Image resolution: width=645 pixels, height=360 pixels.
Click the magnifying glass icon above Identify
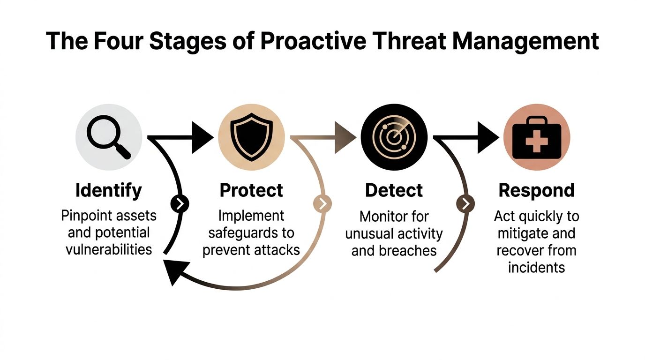tap(109, 137)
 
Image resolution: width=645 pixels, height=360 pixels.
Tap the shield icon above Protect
tap(251, 137)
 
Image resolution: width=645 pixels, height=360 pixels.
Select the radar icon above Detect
tap(394, 137)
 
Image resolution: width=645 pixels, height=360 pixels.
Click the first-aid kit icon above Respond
tap(536, 137)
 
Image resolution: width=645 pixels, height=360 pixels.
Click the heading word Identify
tap(108, 190)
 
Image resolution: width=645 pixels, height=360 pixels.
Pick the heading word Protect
tap(251, 190)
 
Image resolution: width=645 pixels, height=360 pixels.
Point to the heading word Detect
tap(394, 190)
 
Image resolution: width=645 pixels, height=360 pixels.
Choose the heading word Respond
tap(536, 190)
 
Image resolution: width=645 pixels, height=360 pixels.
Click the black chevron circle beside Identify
tap(180, 203)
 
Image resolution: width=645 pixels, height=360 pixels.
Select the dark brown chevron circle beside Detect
tap(465, 203)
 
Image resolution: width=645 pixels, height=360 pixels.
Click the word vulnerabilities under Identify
tap(109, 248)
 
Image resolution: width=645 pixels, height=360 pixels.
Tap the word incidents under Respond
tap(536, 267)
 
